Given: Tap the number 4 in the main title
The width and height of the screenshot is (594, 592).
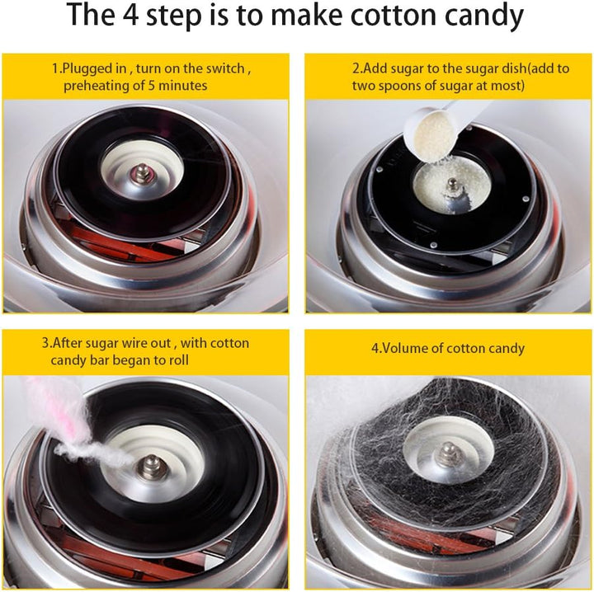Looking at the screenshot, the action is (130, 15).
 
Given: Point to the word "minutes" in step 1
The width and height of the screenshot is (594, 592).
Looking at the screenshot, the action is (182, 86).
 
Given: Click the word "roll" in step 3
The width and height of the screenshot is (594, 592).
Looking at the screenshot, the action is (179, 359).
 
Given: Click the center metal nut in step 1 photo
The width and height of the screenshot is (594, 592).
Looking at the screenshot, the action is (142, 173).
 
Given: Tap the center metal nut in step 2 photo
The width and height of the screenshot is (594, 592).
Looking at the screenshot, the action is (451, 186).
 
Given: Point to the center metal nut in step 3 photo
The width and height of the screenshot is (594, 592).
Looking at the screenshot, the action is (151, 466).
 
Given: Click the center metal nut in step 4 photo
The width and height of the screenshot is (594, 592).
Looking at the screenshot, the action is (449, 453).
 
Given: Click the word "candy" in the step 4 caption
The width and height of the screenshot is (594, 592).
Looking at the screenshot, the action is (507, 349).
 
